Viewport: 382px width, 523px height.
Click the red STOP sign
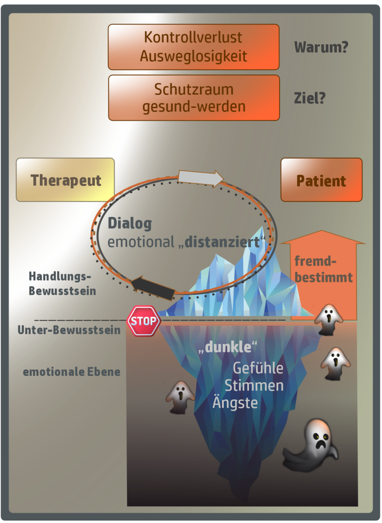point(144,321)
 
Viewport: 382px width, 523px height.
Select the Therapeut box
point(66,180)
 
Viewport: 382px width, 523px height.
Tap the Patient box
point(321,180)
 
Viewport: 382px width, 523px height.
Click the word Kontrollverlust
point(193,37)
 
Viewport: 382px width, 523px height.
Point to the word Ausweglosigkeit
point(193,56)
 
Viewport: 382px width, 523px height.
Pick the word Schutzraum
point(193,89)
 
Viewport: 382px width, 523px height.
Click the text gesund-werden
point(193,106)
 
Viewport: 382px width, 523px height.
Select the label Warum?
point(321,48)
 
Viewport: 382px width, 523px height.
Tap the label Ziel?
point(309,98)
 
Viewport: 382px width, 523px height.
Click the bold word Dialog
point(129,224)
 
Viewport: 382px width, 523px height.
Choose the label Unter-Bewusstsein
point(69,330)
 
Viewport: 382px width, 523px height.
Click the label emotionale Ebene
point(72,371)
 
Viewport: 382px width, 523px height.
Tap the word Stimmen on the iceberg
point(254,385)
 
